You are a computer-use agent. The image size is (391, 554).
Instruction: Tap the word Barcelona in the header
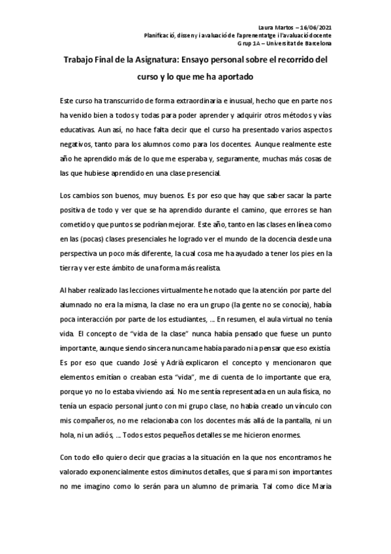[x=315, y=43]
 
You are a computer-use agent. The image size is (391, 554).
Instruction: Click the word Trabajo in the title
[x=80, y=60]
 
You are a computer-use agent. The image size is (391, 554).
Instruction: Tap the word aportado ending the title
[x=234, y=76]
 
